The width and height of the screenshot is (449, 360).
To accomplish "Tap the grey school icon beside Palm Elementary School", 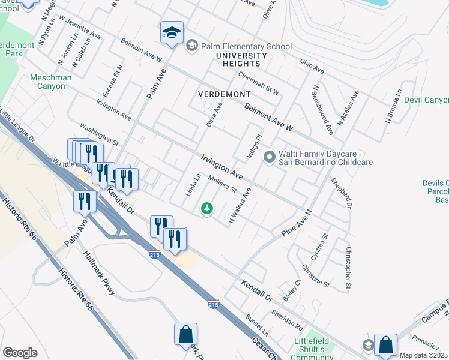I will pos(192,45).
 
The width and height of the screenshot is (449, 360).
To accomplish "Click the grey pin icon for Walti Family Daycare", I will pos(270,158).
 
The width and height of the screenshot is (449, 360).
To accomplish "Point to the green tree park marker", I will pos(206,208).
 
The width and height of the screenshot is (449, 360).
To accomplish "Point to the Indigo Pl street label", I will pos(255,146).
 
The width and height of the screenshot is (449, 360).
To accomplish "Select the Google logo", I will pos(20,353).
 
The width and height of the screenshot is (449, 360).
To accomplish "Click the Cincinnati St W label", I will pos(259,83).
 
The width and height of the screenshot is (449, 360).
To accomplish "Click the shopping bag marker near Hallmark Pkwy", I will pos(186,334).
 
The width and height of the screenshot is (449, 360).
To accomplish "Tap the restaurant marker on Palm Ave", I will pos(84,202).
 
